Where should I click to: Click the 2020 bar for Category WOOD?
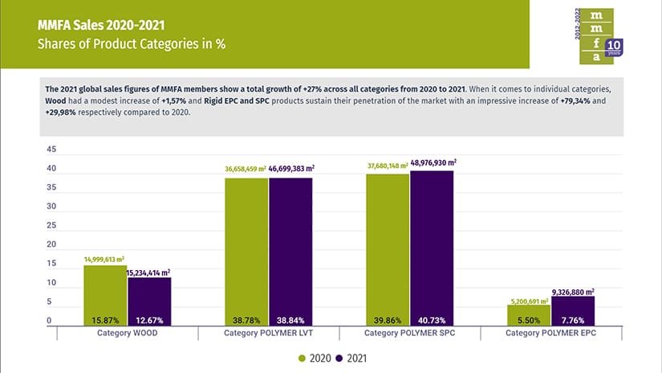point(105,294)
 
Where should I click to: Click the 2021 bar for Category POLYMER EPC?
point(572,310)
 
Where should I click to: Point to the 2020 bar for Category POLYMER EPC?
point(529,314)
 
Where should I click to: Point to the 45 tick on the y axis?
point(52,150)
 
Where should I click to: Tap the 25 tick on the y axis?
point(52,226)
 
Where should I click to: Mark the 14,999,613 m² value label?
point(105,260)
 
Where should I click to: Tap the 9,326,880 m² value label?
point(573,291)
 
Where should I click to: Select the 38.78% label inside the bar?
point(246,319)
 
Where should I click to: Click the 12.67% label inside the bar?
point(148,319)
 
